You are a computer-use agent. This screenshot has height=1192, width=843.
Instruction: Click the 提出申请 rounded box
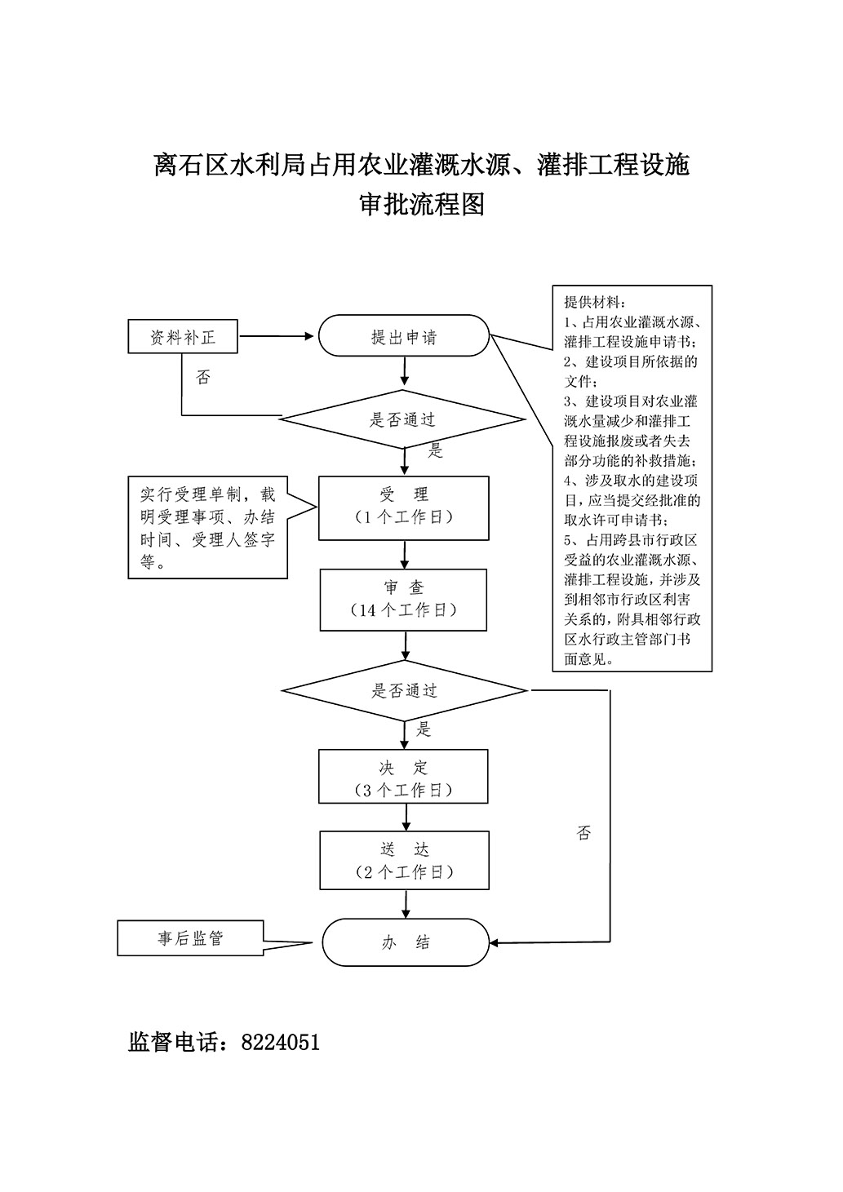click(403, 336)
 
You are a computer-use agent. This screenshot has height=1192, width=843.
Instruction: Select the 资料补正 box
click(183, 336)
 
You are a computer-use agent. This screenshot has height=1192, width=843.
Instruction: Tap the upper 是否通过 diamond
click(403, 420)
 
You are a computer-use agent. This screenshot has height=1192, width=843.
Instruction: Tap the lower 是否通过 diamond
click(405, 690)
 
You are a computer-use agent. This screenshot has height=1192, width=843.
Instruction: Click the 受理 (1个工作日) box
click(404, 506)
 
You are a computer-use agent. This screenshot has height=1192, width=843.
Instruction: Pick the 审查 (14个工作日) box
click(403, 599)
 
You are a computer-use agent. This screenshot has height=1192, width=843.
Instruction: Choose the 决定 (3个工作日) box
click(403, 778)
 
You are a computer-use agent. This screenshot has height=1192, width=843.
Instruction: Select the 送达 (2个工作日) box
click(404, 861)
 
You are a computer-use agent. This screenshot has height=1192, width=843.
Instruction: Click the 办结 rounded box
click(406, 942)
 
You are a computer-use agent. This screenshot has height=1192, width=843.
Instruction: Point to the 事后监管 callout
click(190, 938)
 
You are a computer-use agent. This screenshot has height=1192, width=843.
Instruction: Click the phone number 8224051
click(281, 1042)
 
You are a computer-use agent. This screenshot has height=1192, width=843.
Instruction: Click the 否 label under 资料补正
click(203, 378)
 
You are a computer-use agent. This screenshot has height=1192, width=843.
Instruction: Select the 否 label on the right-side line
click(583, 833)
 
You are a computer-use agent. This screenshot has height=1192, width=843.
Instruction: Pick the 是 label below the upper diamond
click(435, 450)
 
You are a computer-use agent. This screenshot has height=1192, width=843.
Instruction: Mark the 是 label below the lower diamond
click(424, 729)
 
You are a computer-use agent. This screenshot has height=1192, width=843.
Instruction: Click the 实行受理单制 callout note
click(207, 528)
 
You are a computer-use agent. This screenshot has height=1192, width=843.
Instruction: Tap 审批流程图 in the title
click(422, 204)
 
